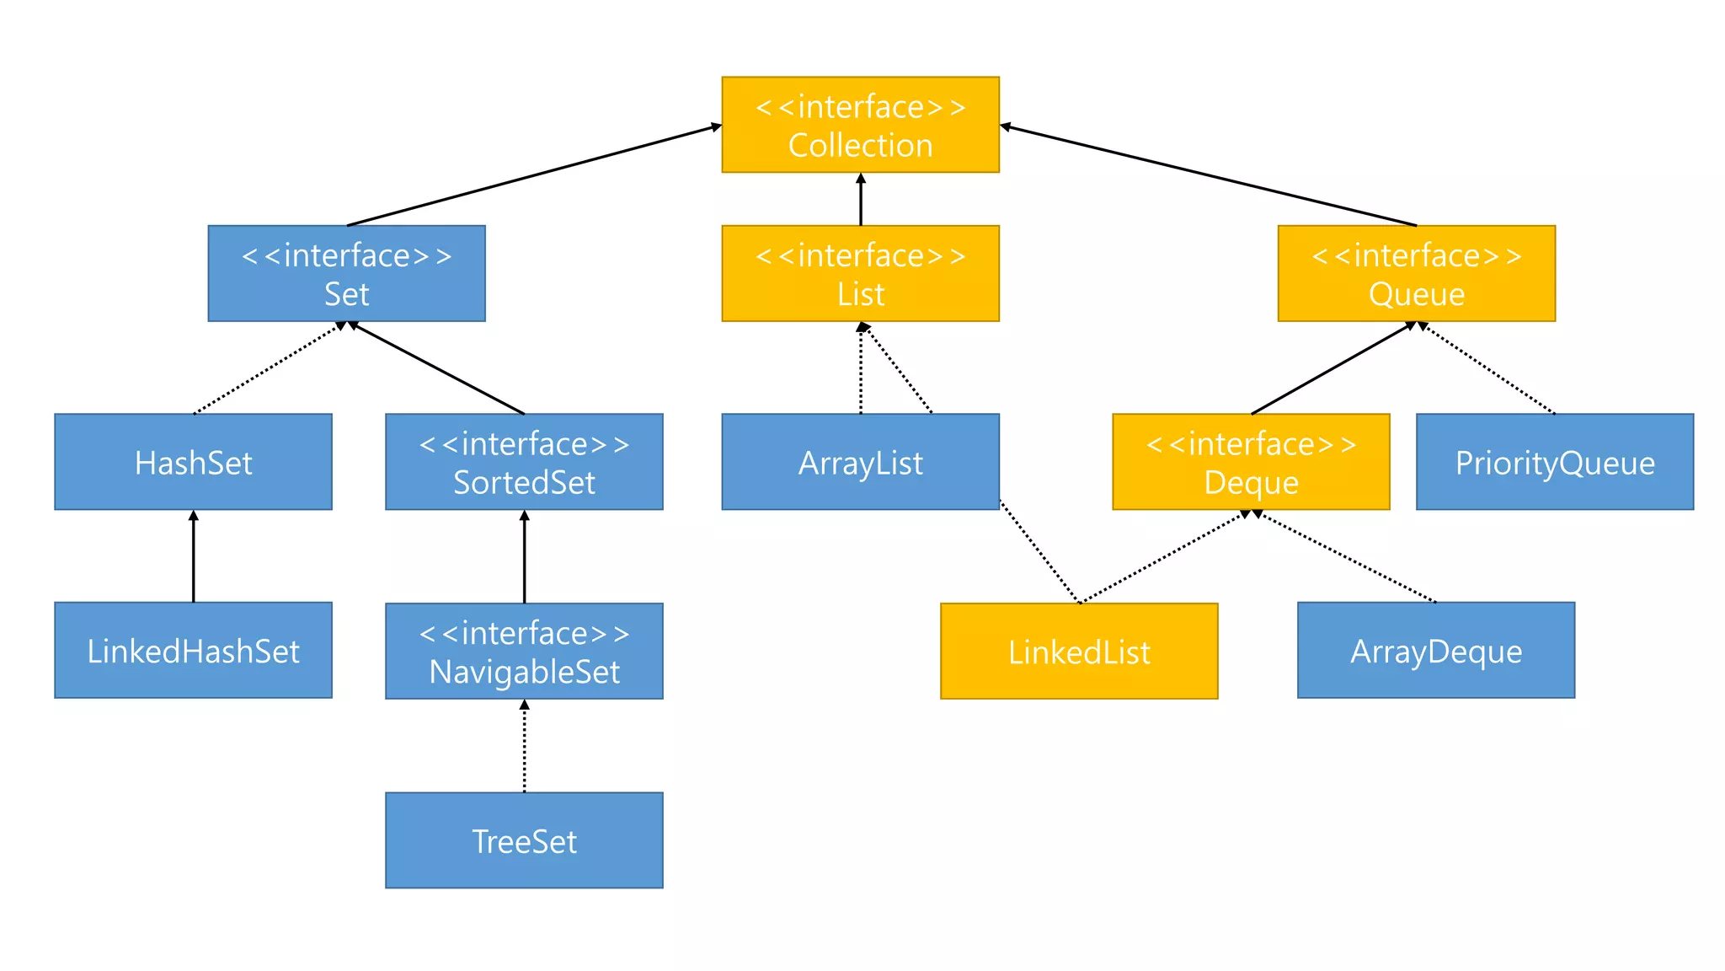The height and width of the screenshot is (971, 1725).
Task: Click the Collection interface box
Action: [860, 125]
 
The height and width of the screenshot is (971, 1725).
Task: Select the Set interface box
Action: [346, 273]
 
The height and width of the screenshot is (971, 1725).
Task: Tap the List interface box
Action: [860, 273]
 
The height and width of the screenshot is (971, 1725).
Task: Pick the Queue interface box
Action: [1416, 273]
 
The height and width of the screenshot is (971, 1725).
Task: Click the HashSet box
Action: [193, 462]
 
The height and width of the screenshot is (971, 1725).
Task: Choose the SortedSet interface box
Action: [524, 462]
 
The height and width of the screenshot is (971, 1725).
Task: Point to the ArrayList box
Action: [860, 462]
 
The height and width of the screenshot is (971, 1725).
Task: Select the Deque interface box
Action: [1251, 462]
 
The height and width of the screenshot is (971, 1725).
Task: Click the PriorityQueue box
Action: [1555, 462]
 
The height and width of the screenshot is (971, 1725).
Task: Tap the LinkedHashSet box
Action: [193, 650]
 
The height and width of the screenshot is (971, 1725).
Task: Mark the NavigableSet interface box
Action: [524, 651]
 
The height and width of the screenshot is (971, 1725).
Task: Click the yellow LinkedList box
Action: [1079, 651]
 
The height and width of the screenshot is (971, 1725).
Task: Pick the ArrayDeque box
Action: [1436, 650]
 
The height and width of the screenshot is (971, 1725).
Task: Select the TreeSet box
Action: [524, 840]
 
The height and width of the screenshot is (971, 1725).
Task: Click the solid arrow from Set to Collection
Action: [534, 175]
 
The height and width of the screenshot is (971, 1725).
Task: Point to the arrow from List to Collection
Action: [860, 200]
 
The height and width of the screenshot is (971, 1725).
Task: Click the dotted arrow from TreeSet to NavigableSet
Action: [524, 747]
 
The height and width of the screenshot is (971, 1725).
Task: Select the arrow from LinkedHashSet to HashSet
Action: [193, 556]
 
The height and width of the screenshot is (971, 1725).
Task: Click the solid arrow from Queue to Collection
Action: [1208, 176]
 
